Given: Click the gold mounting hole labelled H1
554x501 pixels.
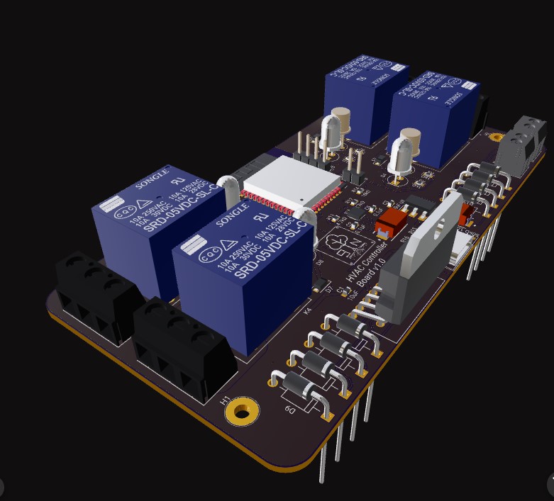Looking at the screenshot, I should coord(243,411).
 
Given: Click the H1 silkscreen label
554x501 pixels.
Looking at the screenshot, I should coord(226,400).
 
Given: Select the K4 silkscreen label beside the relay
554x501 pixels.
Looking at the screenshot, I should coord(307,310).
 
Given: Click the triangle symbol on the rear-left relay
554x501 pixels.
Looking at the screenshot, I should coord(152,202).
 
